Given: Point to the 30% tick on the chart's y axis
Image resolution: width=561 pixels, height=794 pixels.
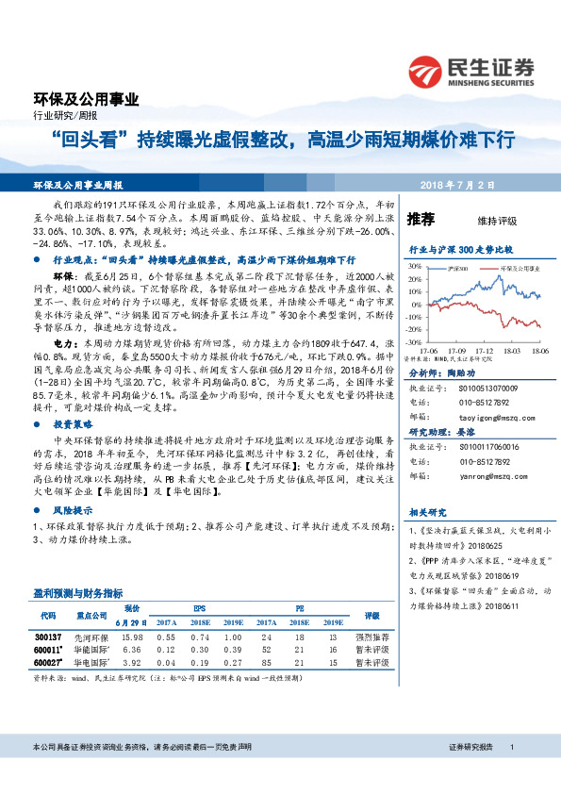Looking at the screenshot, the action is pos(413,267).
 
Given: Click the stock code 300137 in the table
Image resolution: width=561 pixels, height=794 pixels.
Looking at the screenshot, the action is pos(48,637).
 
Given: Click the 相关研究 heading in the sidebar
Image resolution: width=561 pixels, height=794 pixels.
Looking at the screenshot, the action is pos(421,514).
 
